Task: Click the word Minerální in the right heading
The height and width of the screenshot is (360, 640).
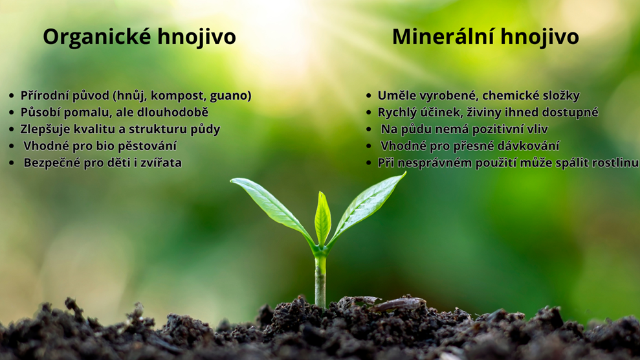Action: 443,36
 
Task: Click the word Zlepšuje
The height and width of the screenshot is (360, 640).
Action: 45,129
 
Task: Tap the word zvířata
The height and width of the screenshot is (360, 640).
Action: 161,163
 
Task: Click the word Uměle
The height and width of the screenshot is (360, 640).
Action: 395,96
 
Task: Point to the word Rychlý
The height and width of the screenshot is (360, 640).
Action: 396,113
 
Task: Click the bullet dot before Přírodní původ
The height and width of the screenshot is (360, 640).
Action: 12,96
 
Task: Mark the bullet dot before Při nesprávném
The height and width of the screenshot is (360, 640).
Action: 369,163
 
